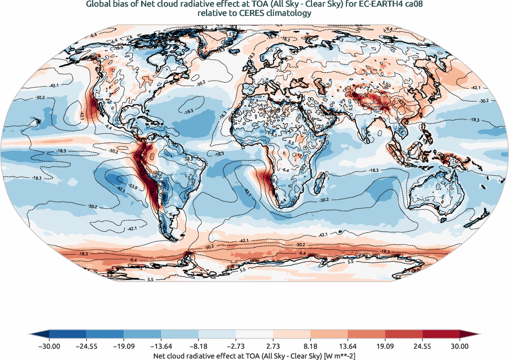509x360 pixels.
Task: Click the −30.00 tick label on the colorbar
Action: (x=49, y=346)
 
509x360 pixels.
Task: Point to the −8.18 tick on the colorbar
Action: (x=199, y=346)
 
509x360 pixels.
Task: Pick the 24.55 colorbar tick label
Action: (x=423, y=346)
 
